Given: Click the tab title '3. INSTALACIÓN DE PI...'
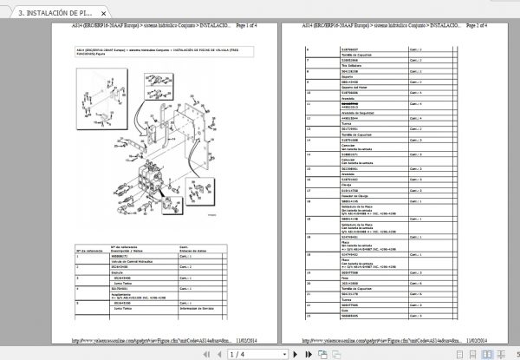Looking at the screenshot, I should pyautogui.click(x=49, y=14).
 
